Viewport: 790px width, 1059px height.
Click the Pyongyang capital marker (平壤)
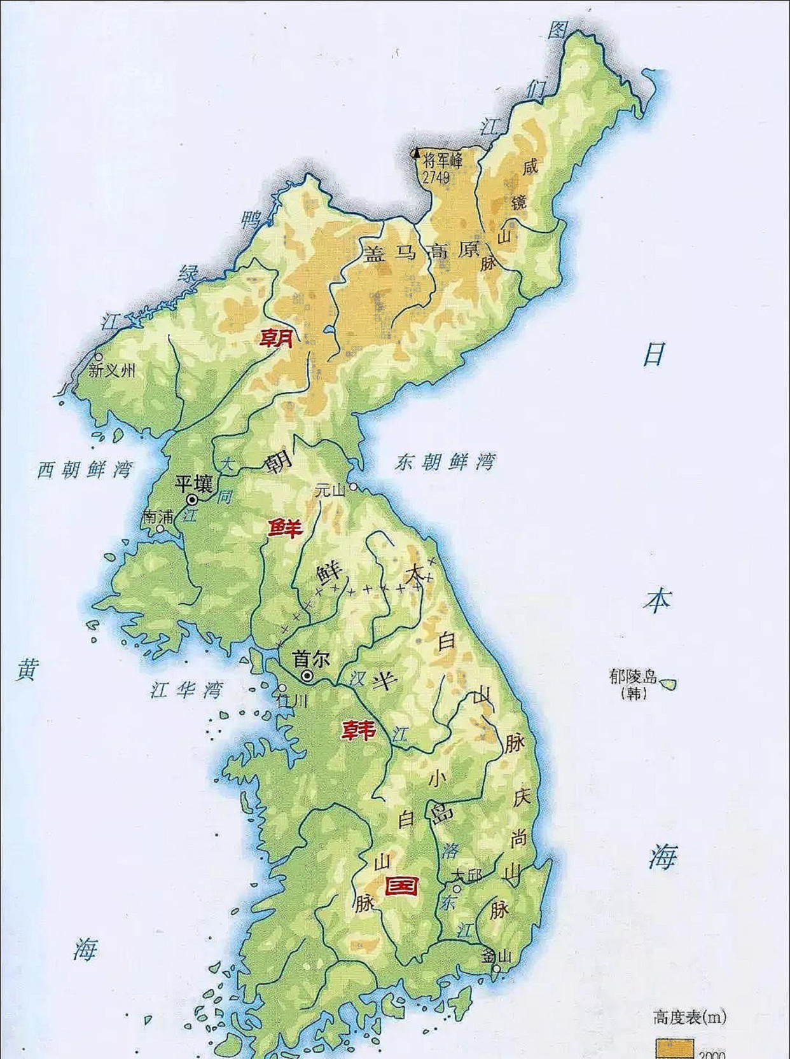(x=191, y=500)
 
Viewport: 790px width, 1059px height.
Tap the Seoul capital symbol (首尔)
(x=308, y=676)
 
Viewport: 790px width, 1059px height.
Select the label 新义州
(x=112, y=370)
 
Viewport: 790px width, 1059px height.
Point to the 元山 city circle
(x=352, y=487)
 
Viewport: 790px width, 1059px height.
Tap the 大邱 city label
(x=466, y=875)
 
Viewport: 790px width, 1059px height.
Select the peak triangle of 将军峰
(x=417, y=153)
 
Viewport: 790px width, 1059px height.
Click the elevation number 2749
(x=436, y=176)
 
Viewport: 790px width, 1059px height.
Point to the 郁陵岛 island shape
(x=669, y=684)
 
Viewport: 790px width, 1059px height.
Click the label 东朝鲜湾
(x=444, y=461)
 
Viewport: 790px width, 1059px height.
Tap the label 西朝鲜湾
(x=84, y=469)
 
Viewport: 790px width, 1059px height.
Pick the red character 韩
(x=359, y=730)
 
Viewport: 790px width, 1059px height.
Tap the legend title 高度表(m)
(x=690, y=1017)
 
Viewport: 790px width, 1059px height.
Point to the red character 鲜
(x=284, y=527)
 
